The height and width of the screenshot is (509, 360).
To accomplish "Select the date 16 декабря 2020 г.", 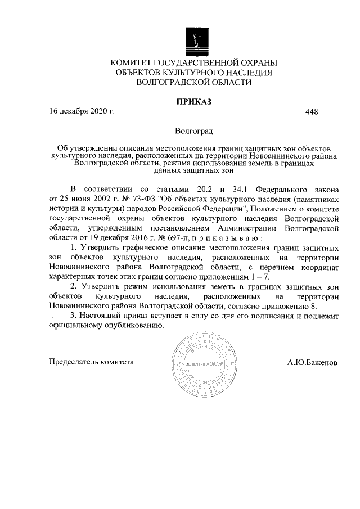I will [82, 111].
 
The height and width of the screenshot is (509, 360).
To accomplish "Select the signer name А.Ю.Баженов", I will [313, 362].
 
